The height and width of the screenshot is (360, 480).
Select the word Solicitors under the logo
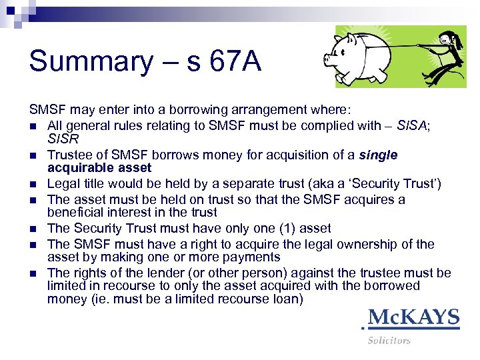point(389,340)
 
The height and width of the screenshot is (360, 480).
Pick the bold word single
point(378,155)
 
